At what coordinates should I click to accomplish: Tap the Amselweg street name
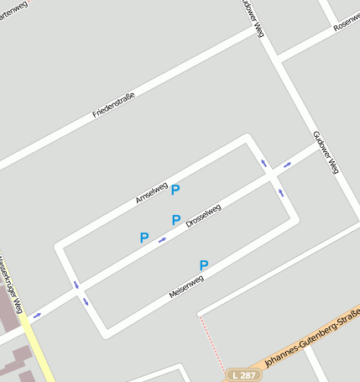pyautogui.click(x=152, y=193)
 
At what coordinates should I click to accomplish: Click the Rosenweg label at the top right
pyautogui.click(x=346, y=21)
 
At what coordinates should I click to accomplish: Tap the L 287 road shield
pyautogui.click(x=242, y=374)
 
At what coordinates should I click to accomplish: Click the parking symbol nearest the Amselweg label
pyautogui.click(x=175, y=191)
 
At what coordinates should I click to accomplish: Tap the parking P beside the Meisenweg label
pyautogui.click(x=203, y=266)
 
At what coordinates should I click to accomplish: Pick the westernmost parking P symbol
pyautogui.click(x=144, y=238)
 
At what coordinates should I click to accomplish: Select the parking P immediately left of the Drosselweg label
pyautogui.click(x=176, y=221)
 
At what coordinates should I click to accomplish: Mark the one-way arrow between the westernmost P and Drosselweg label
pyautogui.click(x=162, y=239)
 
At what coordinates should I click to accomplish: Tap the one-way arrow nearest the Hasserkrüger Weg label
pyautogui.click(x=36, y=317)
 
